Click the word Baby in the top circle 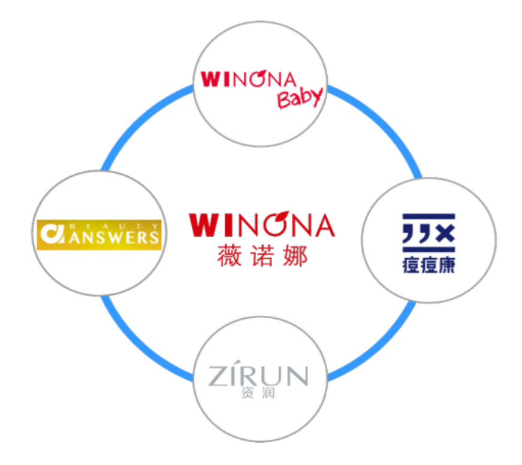point(300,98)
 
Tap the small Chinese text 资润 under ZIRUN point(258,394)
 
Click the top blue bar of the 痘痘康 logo point(429,217)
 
